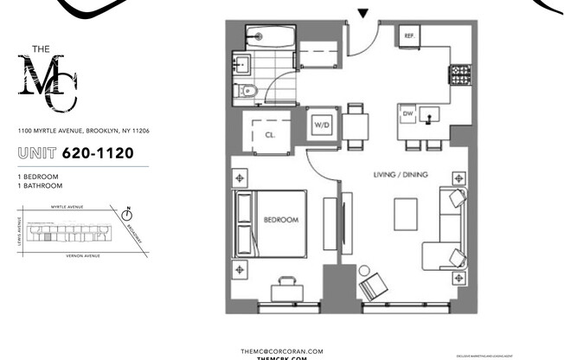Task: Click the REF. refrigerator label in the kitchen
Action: pyautogui.click(x=410, y=36)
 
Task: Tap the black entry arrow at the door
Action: pyautogui.click(x=363, y=13)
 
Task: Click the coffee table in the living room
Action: pyautogui.click(x=406, y=215)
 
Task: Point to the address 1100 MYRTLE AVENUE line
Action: pyautogui.click(x=84, y=131)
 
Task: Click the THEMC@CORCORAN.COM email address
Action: pyautogui.click(x=281, y=350)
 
